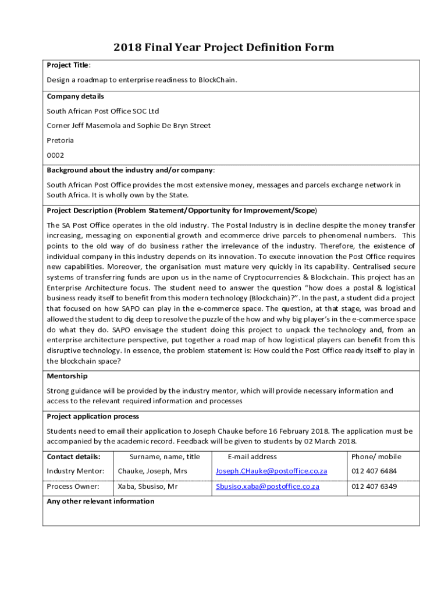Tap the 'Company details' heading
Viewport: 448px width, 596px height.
(75, 96)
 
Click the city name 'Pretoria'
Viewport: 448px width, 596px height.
(60, 140)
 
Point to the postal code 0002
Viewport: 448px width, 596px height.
(55, 155)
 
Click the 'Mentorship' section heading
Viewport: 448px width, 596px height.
(67, 376)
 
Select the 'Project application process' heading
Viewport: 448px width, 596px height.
(93, 416)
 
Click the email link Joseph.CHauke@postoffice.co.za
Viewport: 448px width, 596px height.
(272, 471)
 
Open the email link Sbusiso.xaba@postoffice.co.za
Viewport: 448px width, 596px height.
(268, 486)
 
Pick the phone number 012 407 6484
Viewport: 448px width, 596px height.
(374, 471)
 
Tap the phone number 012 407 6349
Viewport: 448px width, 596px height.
(374, 486)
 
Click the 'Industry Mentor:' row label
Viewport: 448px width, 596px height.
(76, 471)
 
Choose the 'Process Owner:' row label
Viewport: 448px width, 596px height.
(73, 486)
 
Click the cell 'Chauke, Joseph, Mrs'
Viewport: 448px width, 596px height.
(152, 471)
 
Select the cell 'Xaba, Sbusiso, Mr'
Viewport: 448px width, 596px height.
(148, 486)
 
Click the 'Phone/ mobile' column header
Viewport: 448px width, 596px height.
(376, 456)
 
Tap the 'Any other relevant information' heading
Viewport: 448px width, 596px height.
(101, 501)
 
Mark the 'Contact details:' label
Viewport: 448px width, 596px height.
(73, 456)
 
